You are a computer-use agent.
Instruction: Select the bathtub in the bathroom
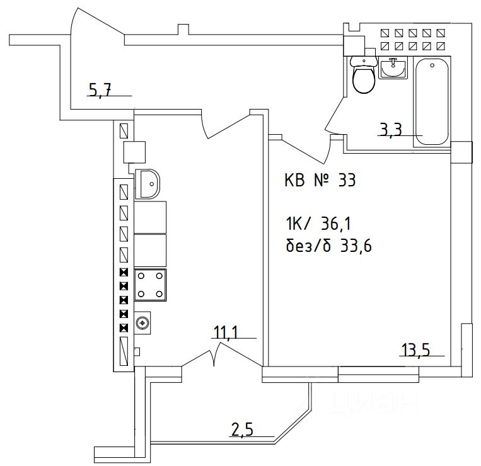(431, 101)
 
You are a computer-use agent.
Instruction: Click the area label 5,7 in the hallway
(100, 91)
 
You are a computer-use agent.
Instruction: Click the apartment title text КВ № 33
(320, 181)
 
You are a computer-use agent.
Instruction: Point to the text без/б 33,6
(328, 246)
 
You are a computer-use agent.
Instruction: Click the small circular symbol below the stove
(144, 323)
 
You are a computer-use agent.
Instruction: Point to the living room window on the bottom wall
(378, 377)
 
